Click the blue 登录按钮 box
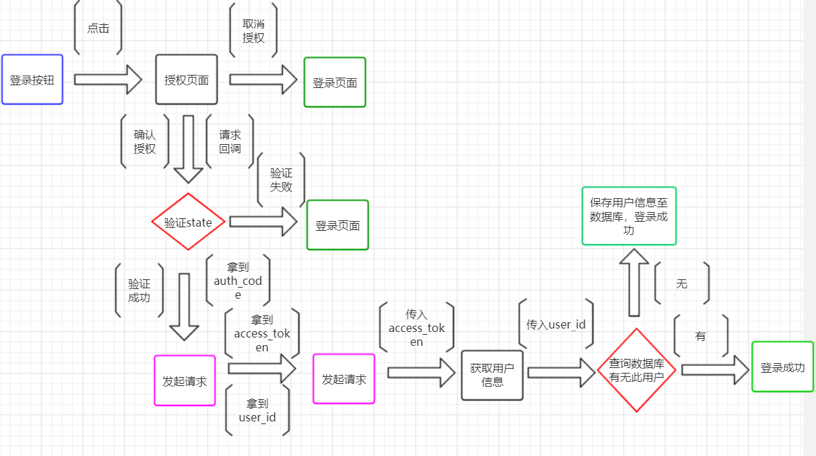click(x=32, y=80)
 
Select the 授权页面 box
click(x=186, y=80)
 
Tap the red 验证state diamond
click(x=188, y=222)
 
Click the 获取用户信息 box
click(x=492, y=375)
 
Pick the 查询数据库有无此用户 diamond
click(x=636, y=371)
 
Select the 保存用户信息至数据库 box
click(x=629, y=216)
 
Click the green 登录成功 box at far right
click(x=782, y=367)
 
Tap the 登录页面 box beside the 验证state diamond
click(x=338, y=225)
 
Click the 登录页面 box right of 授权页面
click(x=335, y=82)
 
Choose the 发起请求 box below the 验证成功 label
click(x=184, y=380)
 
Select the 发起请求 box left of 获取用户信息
click(x=344, y=378)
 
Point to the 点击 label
click(x=98, y=28)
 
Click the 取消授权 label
click(x=253, y=30)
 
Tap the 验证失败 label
click(x=281, y=179)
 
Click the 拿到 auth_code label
click(x=237, y=281)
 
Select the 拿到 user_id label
click(x=257, y=410)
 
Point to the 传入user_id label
click(x=556, y=324)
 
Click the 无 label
click(x=682, y=283)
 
